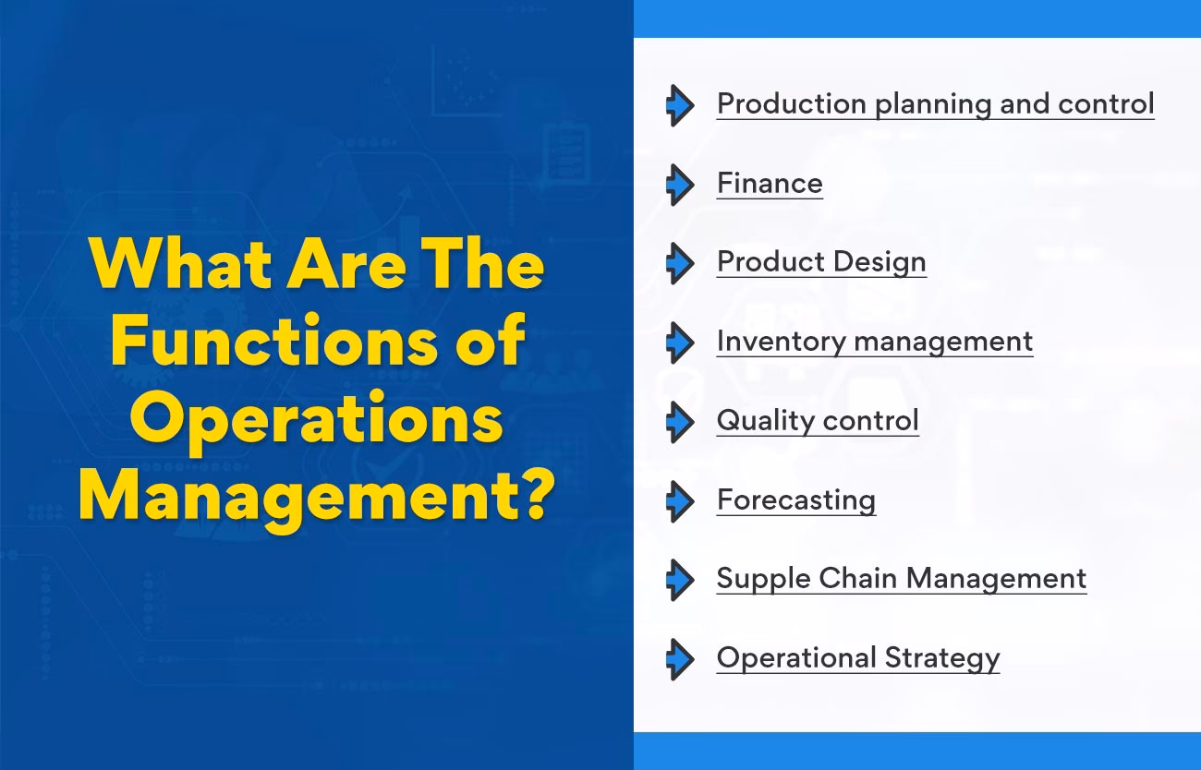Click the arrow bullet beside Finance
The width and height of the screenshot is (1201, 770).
click(x=680, y=185)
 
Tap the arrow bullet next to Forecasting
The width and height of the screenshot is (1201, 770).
click(x=680, y=500)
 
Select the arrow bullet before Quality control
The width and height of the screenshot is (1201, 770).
click(x=680, y=422)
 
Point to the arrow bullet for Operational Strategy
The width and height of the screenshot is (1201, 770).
click(x=680, y=659)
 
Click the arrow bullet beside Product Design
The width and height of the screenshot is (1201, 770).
click(x=680, y=263)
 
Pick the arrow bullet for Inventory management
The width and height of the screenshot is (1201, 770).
click(x=680, y=343)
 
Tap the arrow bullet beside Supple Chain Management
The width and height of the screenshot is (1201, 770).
click(x=680, y=580)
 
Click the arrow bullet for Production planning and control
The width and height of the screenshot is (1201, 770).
click(x=680, y=105)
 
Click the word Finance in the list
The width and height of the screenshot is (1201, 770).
click(x=770, y=183)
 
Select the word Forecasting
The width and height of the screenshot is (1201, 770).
click(x=796, y=499)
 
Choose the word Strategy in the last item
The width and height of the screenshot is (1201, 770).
click(x=942, y=658)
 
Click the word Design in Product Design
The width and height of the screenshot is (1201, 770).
click(x=878, y=262)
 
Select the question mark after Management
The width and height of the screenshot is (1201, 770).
click(x=534, y=497)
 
